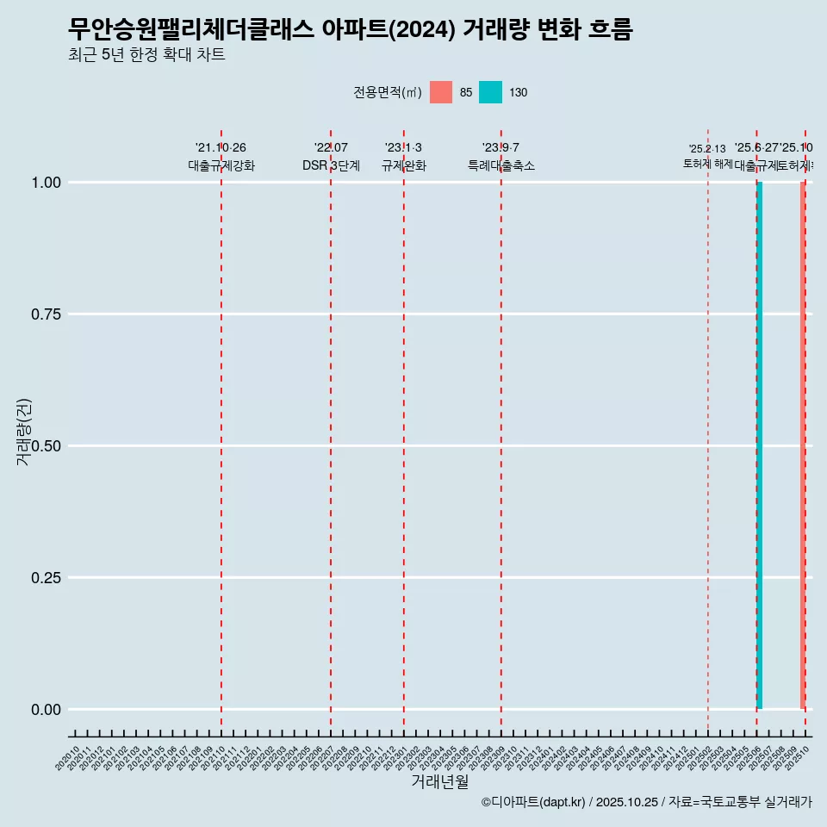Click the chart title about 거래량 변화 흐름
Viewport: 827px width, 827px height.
tap(350, 29)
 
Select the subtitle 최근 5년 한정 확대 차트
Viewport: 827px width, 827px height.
tap(146, 55)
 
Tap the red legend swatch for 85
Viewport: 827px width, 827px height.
tap(440, 92)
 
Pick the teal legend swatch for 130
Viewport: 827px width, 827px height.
tap(490, 92)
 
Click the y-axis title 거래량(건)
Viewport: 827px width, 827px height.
tap(23, 432)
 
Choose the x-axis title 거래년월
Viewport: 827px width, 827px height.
tap(439, 781)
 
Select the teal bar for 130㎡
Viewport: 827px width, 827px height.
tap(759, 445)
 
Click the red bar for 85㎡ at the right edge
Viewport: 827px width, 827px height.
tap(803, 445)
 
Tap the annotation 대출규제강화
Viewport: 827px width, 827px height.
tap(221, 166)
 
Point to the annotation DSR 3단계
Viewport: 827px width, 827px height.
tap(331, 166)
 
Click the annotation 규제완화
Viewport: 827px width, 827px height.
tap(404, 166)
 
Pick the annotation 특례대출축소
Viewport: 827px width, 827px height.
tap(501, 166)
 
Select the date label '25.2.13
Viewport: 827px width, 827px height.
tap(707, 149)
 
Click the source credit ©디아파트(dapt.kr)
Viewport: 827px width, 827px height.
tap(533, 802)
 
